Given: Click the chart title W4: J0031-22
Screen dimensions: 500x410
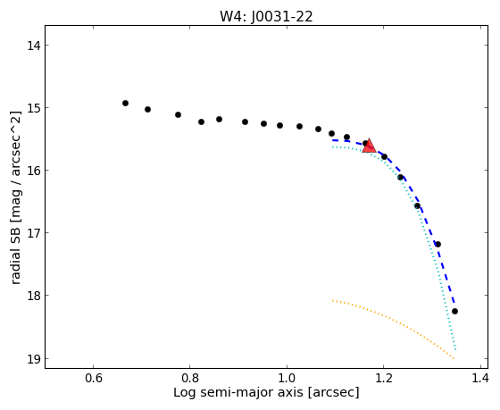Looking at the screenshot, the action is click(x=266, y=17).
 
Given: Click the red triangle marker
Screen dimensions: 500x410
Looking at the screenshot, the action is click(x=370, y=146).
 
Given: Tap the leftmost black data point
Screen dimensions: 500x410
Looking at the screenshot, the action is click(x=125, y=103).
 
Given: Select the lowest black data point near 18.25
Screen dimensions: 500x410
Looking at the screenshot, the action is click(x=454, y=311).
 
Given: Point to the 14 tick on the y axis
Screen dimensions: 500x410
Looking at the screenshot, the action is click(x=34, y=46).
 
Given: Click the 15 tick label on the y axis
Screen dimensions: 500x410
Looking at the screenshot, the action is click(x=34, y=108).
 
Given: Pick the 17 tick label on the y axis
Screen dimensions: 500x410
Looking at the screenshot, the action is click(x=34, y=233).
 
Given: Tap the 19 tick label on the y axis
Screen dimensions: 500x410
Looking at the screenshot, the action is click(x=34, y=358).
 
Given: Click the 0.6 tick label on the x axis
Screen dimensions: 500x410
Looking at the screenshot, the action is click(x=94, y=379).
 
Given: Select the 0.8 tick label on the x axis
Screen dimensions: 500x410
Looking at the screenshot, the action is click(x=190, y=379).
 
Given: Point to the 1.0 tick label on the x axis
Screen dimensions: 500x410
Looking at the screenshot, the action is click(x=287, y=379).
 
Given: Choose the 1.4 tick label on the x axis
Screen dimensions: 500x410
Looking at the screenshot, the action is click(x=479, y=379).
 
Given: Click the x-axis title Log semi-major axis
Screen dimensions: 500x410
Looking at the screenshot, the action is click(x=238, y=393).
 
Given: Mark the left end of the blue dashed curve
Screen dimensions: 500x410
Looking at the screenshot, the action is click(x=332, y=140).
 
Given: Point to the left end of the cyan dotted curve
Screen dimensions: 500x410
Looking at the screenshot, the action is click(x=332, y=146).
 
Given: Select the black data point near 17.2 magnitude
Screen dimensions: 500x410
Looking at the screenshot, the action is click(x=437, y=244).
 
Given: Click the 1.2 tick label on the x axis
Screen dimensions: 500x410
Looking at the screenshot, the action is click(x=383, y=379).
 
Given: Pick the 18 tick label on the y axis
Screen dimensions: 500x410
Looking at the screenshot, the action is click(x=34, y=296).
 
